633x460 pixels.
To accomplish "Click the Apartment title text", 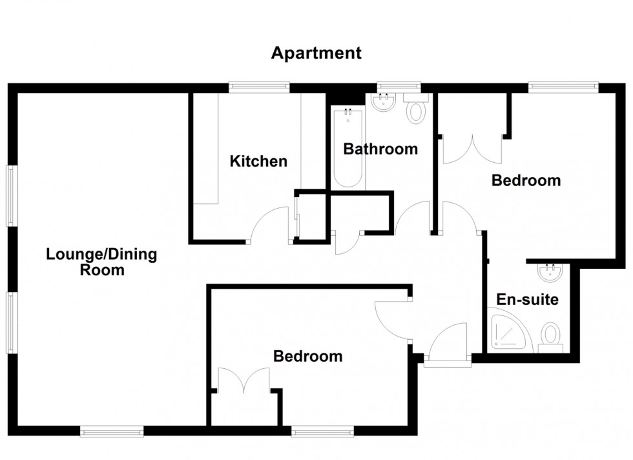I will pos(316,53).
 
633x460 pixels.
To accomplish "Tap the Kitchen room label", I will pos(258,161).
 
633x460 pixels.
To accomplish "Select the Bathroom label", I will pos(380,149).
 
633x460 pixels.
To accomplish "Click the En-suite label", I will pos(528,300).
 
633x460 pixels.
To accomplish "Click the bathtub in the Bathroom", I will pos(349,149).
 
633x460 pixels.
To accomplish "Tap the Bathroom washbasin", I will pos(385,102).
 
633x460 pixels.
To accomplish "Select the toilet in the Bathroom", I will pos(416,109).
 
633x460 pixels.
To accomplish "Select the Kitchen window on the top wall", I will pos(259,87).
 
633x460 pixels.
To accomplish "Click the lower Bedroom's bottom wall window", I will pos(322,430).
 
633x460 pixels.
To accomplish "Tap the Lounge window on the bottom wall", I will pos(112,430).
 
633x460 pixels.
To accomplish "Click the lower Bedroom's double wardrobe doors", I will pos(244,381).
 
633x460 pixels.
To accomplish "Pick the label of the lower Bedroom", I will pos(307,356).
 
